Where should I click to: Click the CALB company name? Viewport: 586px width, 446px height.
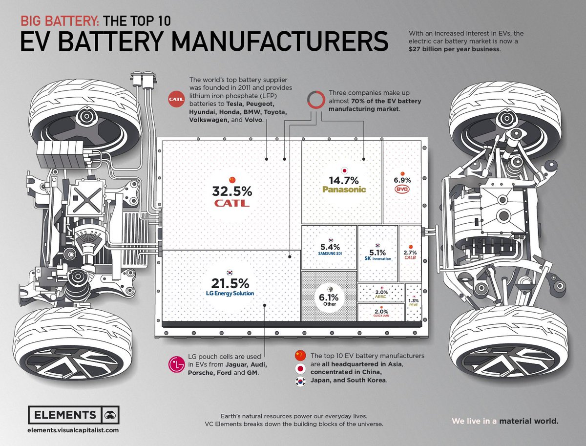[410, 258]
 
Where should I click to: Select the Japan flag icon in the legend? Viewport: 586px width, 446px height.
[301, 369]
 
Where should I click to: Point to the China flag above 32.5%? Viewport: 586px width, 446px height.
[231, 179]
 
